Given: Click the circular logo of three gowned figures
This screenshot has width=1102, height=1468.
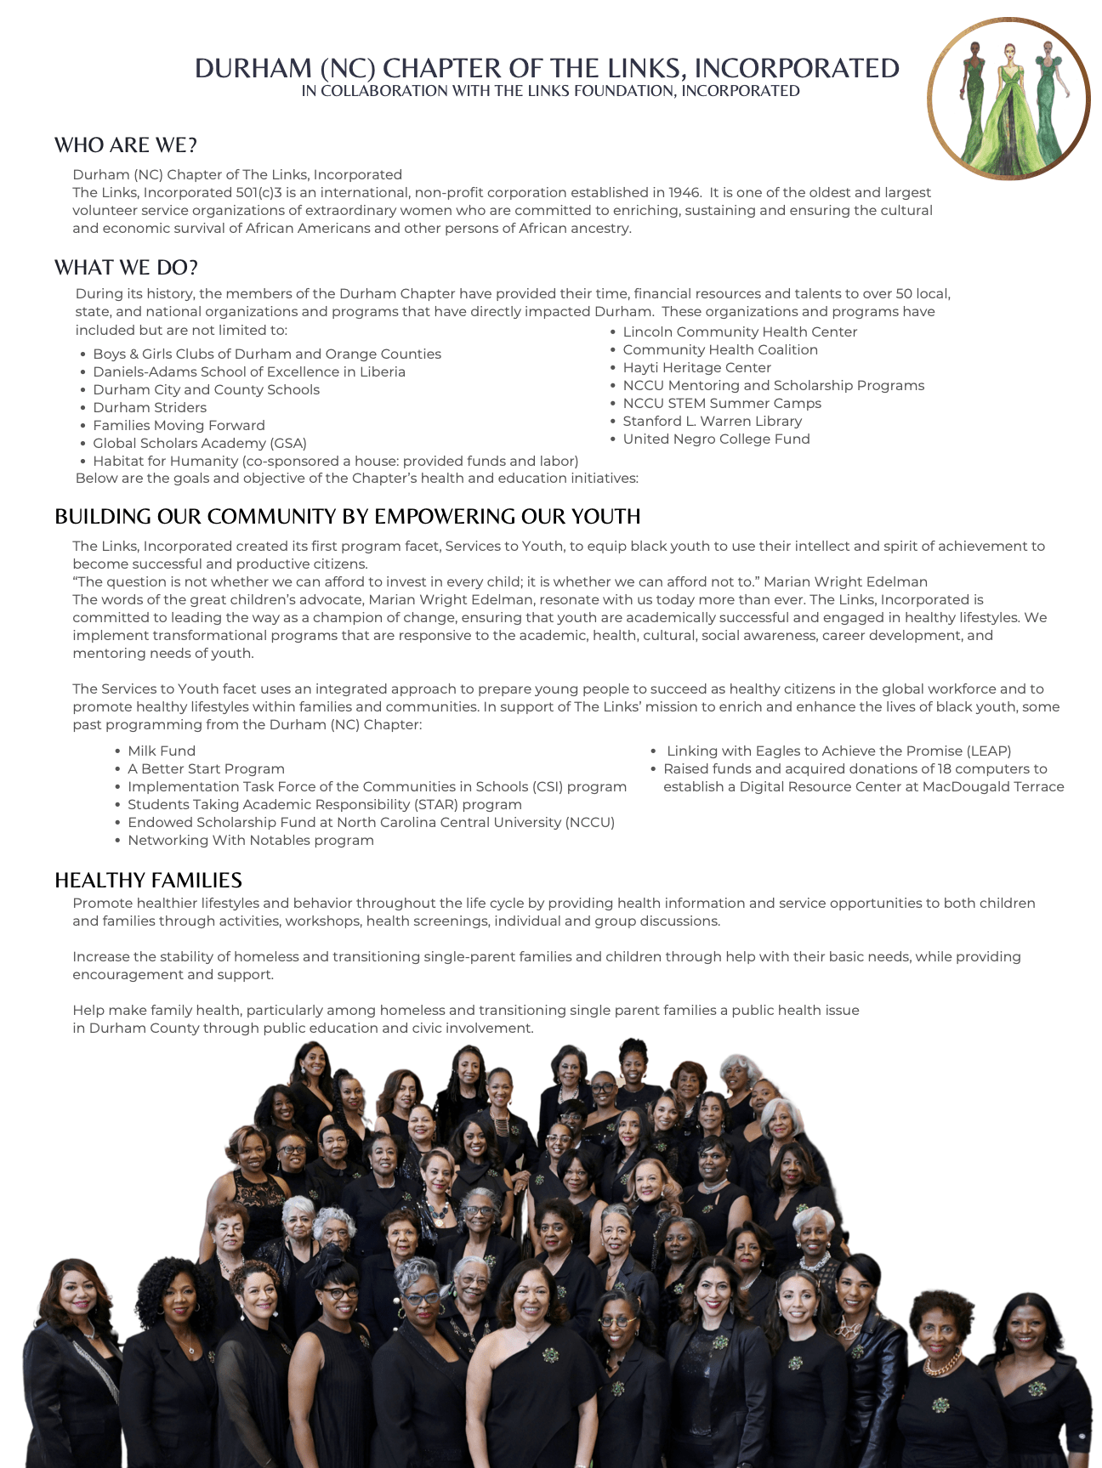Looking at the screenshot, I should coord(1008,99).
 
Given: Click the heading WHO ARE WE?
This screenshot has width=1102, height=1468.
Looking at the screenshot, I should coord(126,145).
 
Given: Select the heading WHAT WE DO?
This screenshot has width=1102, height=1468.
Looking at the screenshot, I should coord(126,268).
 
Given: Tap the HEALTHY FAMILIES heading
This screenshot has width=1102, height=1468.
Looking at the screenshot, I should coord(148,880).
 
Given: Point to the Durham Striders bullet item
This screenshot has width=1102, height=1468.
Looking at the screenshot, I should coord(150,408).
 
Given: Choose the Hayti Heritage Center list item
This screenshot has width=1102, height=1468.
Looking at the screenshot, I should coord(696,368).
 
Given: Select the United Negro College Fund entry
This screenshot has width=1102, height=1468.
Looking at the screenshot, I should coord(716,439).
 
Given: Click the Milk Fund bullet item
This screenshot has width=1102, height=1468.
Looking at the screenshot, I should coord(162,751).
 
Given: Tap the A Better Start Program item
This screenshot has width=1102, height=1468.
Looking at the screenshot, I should coord(206,769).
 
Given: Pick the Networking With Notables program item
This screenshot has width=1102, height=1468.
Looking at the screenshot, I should coord(250,841).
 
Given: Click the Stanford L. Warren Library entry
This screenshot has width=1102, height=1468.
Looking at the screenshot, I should coord(712,422).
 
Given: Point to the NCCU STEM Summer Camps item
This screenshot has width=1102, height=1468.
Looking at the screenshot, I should coord(722,404).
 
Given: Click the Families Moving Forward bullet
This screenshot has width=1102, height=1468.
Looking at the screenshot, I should coord(179,426).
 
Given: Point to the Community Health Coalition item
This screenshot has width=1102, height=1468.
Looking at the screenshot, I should coord(720,350).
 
